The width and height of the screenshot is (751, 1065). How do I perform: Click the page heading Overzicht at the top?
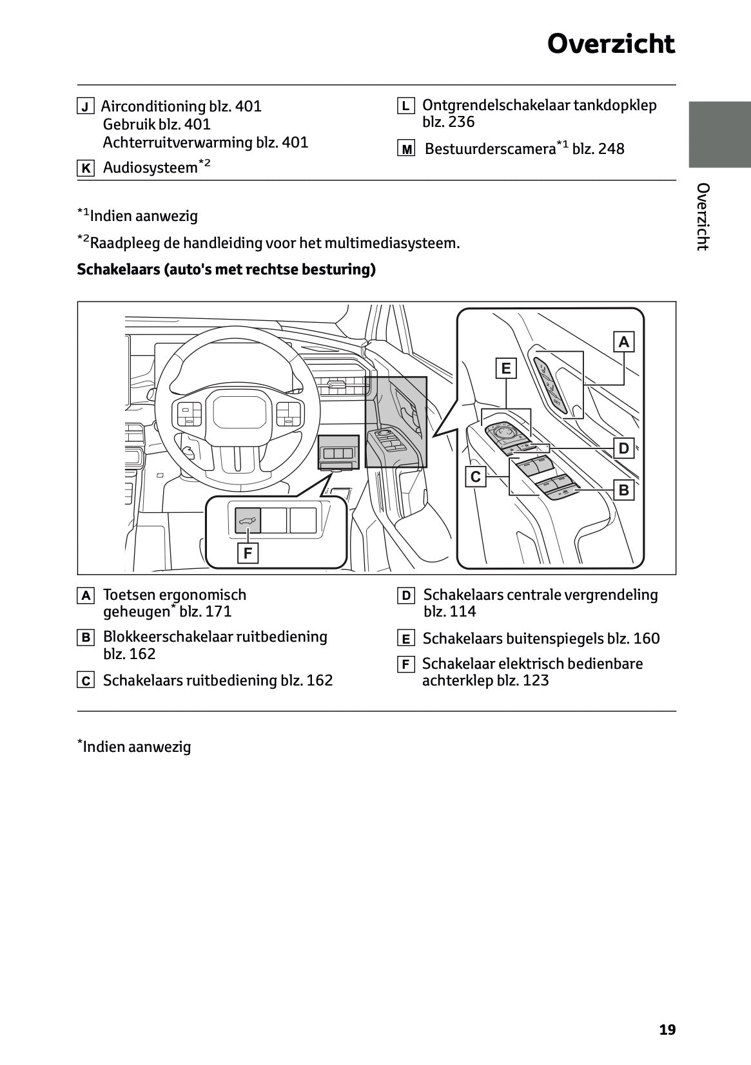point(610,44)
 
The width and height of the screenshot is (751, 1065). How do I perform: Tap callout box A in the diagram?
point(623,341)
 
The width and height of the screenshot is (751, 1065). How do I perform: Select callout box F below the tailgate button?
point(248,553)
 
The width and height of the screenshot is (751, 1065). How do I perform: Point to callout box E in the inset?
point(506,368)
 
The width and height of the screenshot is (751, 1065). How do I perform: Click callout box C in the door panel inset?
point(476,477)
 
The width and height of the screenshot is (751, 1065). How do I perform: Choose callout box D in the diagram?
point(623,448)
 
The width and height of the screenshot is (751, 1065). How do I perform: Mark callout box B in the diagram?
point(623,490)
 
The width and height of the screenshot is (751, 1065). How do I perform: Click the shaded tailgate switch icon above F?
point(248,521)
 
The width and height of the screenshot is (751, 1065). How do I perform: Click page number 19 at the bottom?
point(667,1030)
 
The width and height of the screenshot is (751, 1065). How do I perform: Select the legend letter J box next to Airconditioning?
point(86,106)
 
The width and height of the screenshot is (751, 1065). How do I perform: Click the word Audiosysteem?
point(150,168)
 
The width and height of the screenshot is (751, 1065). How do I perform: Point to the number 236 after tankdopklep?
point(461,122)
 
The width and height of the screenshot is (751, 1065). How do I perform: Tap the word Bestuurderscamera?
point(490,149)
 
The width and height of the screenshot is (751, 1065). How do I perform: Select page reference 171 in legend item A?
point(219,611)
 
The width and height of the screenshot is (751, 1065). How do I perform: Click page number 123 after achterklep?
point(536,680)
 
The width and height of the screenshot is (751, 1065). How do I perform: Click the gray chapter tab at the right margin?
point(719,134)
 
